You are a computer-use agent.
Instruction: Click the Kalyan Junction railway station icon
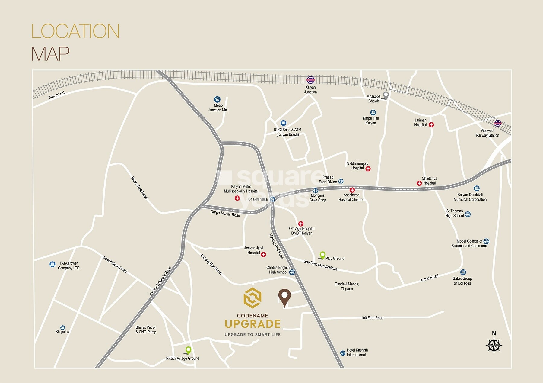[310, 80]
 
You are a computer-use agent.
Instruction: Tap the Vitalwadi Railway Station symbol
[498, 123]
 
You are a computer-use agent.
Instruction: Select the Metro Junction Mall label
[218, 108]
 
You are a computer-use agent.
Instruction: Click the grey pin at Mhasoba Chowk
[385, 95]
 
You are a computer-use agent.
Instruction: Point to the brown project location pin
[284, 297]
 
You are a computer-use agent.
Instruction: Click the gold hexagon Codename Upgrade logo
[252, 297]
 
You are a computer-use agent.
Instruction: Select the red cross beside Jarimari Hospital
[431, 125]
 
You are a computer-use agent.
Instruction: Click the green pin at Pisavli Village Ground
[188, 350]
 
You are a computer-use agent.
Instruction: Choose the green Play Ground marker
[322, 255]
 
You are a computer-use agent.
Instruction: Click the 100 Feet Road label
[372, 318]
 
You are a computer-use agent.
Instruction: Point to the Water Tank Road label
[139, 188]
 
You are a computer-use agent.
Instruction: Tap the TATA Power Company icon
[52, 264]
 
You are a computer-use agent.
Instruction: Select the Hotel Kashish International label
[357, 352]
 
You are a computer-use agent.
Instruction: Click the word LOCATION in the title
[75, 31]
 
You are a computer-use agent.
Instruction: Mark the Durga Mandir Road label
[225, 214]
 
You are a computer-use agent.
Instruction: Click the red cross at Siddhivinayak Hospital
[368, 169]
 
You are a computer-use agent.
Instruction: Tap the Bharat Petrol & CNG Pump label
[146, 330]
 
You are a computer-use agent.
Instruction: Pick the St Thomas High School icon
[468, 214]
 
